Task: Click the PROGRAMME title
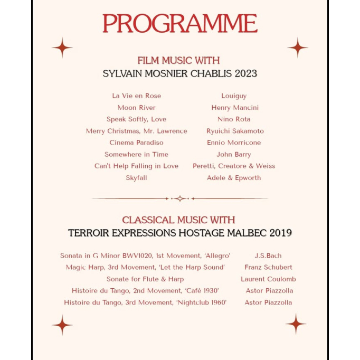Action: (x=179, y=24)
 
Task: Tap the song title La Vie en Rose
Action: (x=136, y=96)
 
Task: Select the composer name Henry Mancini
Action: (x=235, y=108)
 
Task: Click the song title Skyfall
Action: (x=136, y=178)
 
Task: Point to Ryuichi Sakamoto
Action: (x=235, y=131)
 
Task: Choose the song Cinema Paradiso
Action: (x=136, y=143)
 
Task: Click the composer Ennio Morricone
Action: (x=234, y=143)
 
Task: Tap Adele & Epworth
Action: (x=234, y=178)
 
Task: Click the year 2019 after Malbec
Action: (x=280, y=233)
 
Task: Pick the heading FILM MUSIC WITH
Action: (x=178, y=60)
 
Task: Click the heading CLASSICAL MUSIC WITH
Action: (x=178, y=220)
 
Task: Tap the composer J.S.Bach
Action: (x=268, y=255)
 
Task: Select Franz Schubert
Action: (x=268, y=267)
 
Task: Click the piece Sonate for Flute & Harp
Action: (x=145, y=279)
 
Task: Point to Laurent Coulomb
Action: (x=268, y=279)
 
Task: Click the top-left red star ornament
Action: (x=62, y=48)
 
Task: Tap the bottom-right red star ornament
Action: (x=296, y=324)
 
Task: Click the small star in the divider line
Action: (x=180, y=198)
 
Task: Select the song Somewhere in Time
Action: (x=136, y=154)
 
